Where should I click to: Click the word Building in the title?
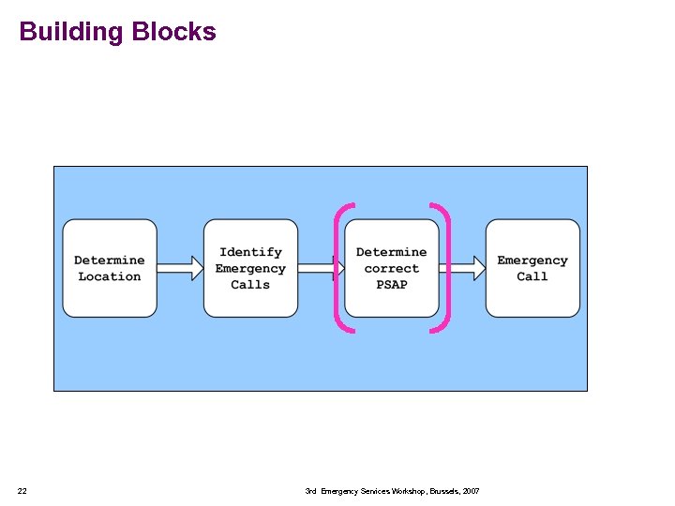(x=71, y=32)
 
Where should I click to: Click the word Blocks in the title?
(x=173, y=32)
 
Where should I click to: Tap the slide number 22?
(x=22, y=491)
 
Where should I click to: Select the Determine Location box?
(x=110, y=268)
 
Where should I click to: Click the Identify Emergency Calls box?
(x=250, y=268)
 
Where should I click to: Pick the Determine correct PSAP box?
(x=391, y=268)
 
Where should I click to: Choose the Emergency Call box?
(x=532, y=268)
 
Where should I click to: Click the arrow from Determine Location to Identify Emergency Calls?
(x=180, y=269)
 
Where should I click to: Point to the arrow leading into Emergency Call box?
(x=462, y=269)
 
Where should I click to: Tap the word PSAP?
(x=392, y=285)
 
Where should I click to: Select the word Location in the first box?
(x=110, y=276)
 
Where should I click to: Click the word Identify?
(x=250, y=252)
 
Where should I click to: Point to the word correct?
(x=392, y=269)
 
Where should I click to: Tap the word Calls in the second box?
(x=250, y=285)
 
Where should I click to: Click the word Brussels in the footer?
(x=442, y=491)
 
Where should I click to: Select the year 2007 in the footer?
(x=471, y=491)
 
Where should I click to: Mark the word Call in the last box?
(x=532, y=276)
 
